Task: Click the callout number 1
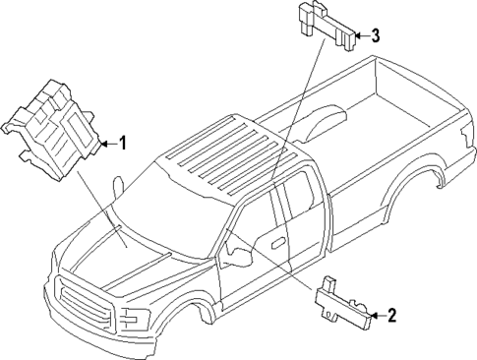[124, 144]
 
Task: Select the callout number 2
[391, 316]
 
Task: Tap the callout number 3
[375, 36]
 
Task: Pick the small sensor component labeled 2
[344, 305]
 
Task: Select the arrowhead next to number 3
[360, 36]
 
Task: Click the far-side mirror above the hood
[117, 186]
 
